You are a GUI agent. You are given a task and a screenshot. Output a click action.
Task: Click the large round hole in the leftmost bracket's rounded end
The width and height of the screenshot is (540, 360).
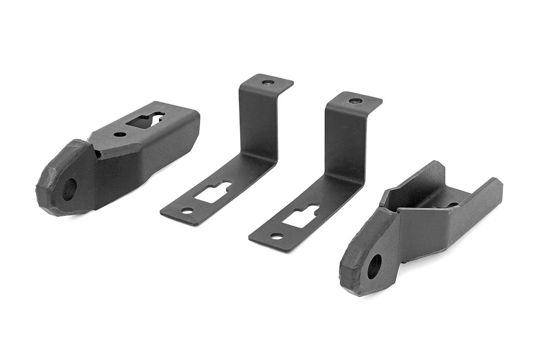[69, 189]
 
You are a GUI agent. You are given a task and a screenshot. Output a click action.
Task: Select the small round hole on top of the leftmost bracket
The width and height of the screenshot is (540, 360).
[120, 134]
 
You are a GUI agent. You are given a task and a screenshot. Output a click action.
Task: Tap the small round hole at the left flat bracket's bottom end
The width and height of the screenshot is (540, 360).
[187, 210]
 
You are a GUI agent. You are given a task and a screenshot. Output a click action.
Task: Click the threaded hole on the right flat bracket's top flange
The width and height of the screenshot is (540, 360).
[355, 101]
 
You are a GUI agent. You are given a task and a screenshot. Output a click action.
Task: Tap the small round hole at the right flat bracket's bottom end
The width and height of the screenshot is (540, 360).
[277, 236]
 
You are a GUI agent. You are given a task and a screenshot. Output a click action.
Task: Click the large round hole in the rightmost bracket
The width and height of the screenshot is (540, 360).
[374, 266]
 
